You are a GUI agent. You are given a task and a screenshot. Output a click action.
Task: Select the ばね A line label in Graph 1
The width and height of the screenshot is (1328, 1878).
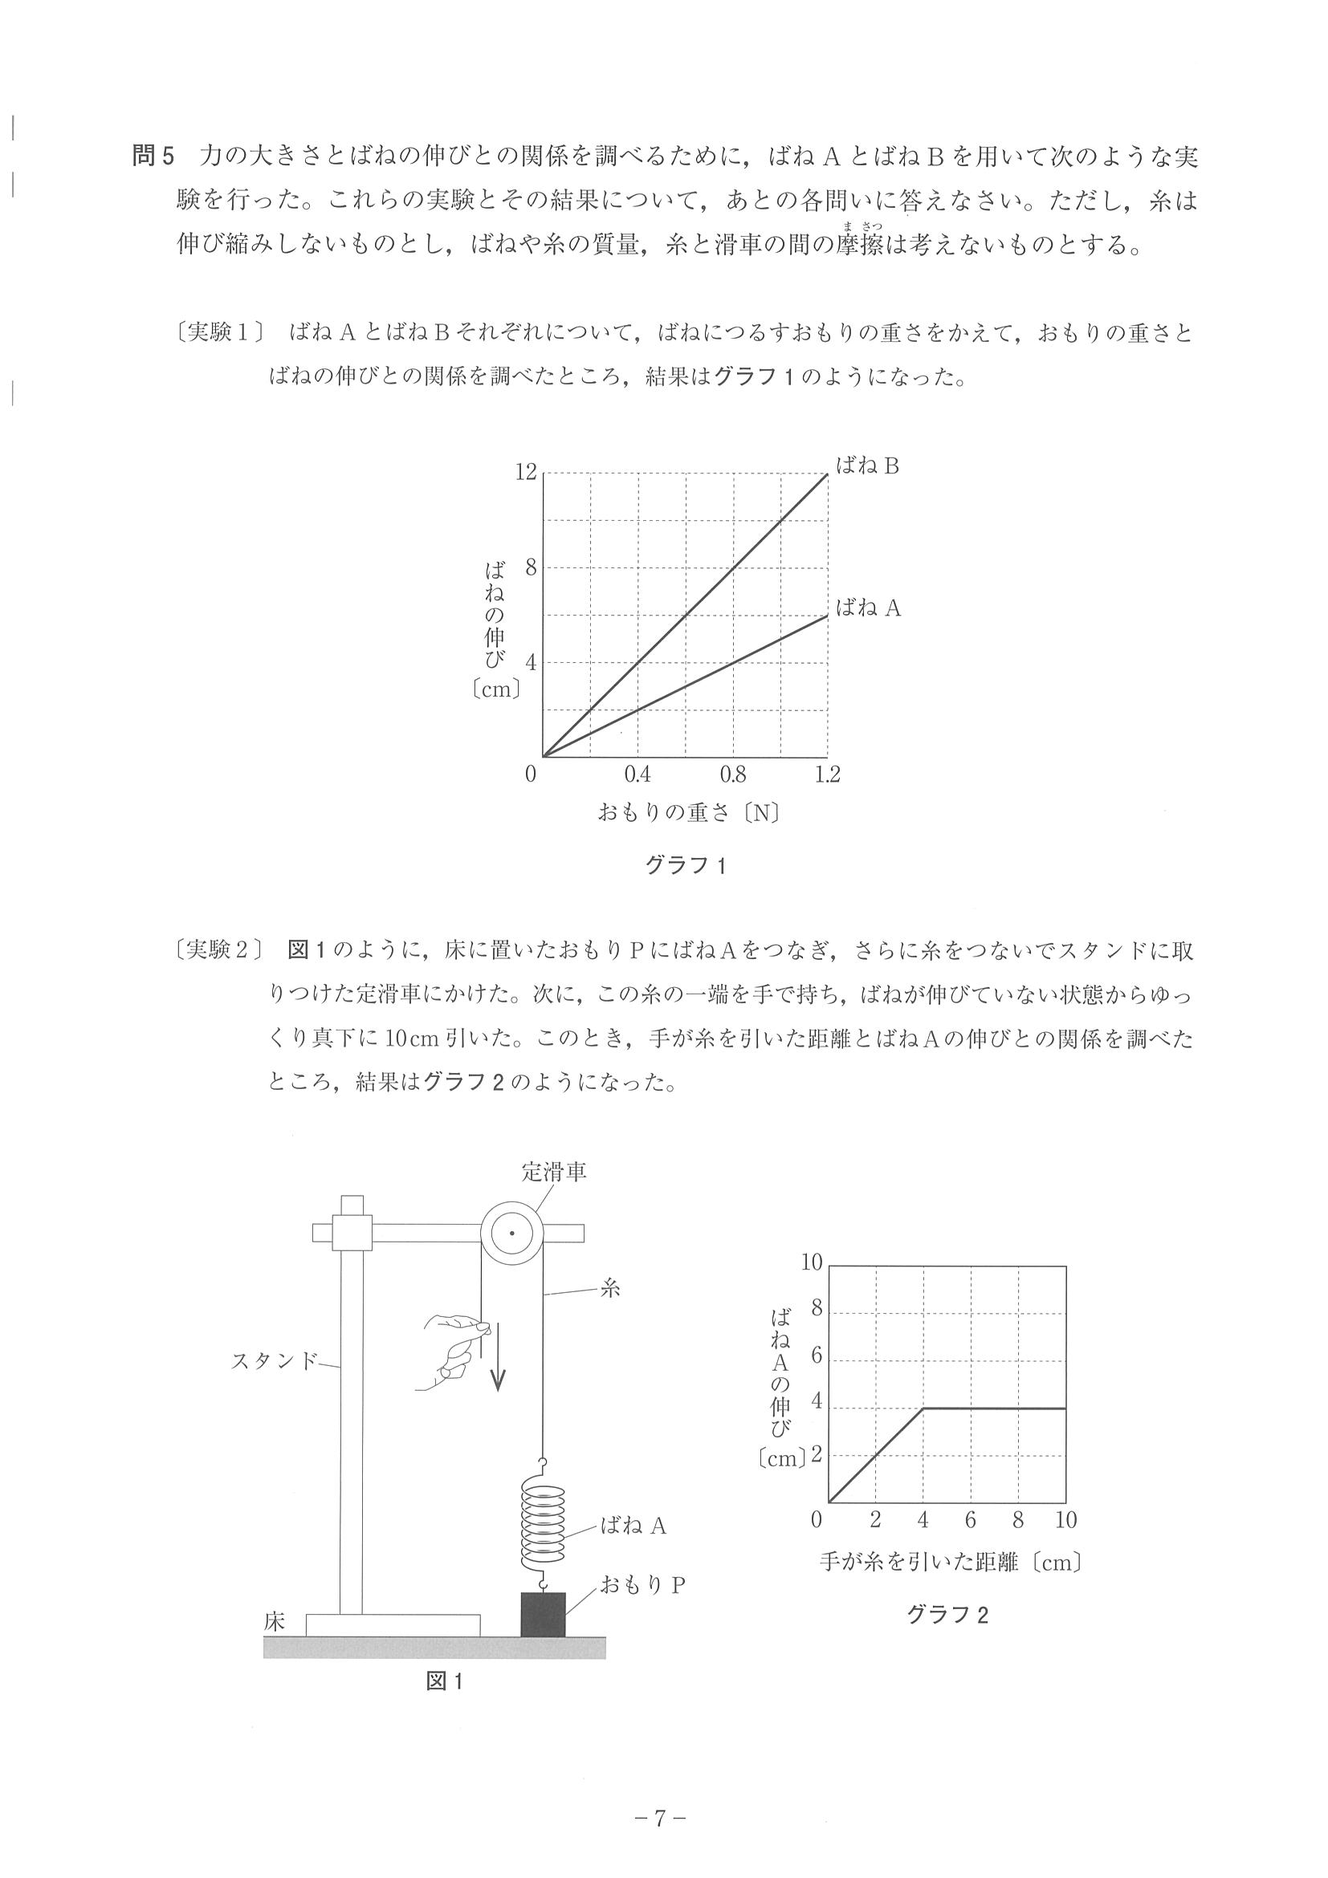867,608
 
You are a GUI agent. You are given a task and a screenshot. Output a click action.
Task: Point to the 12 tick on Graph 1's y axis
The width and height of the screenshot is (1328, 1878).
526,472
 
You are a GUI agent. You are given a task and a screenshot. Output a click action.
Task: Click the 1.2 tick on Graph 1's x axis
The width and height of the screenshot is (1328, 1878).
827,774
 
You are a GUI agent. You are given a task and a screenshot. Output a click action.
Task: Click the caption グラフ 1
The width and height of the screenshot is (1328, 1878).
686,866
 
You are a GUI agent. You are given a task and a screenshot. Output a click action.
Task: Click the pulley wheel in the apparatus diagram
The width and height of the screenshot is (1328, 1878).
511,1233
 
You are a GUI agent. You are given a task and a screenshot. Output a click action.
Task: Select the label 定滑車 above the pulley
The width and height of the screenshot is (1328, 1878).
554,1171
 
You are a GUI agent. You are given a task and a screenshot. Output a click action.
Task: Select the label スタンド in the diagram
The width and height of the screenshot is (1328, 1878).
273,1361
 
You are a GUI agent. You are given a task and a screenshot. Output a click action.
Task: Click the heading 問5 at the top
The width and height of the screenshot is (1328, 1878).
153,156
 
